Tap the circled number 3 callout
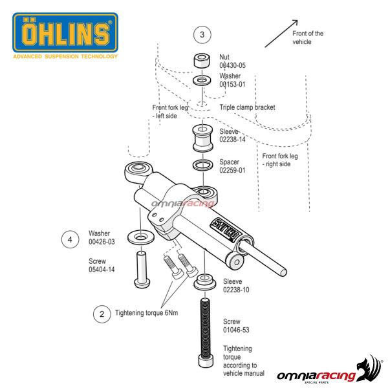click(203, 34)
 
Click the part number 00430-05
click(233, 65)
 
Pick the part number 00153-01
click(233, 84)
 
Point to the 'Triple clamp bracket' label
click(248, 107)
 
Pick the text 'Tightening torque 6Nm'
click(146, 313)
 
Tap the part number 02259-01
click(234, 171)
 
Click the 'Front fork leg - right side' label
click(281, 160)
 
